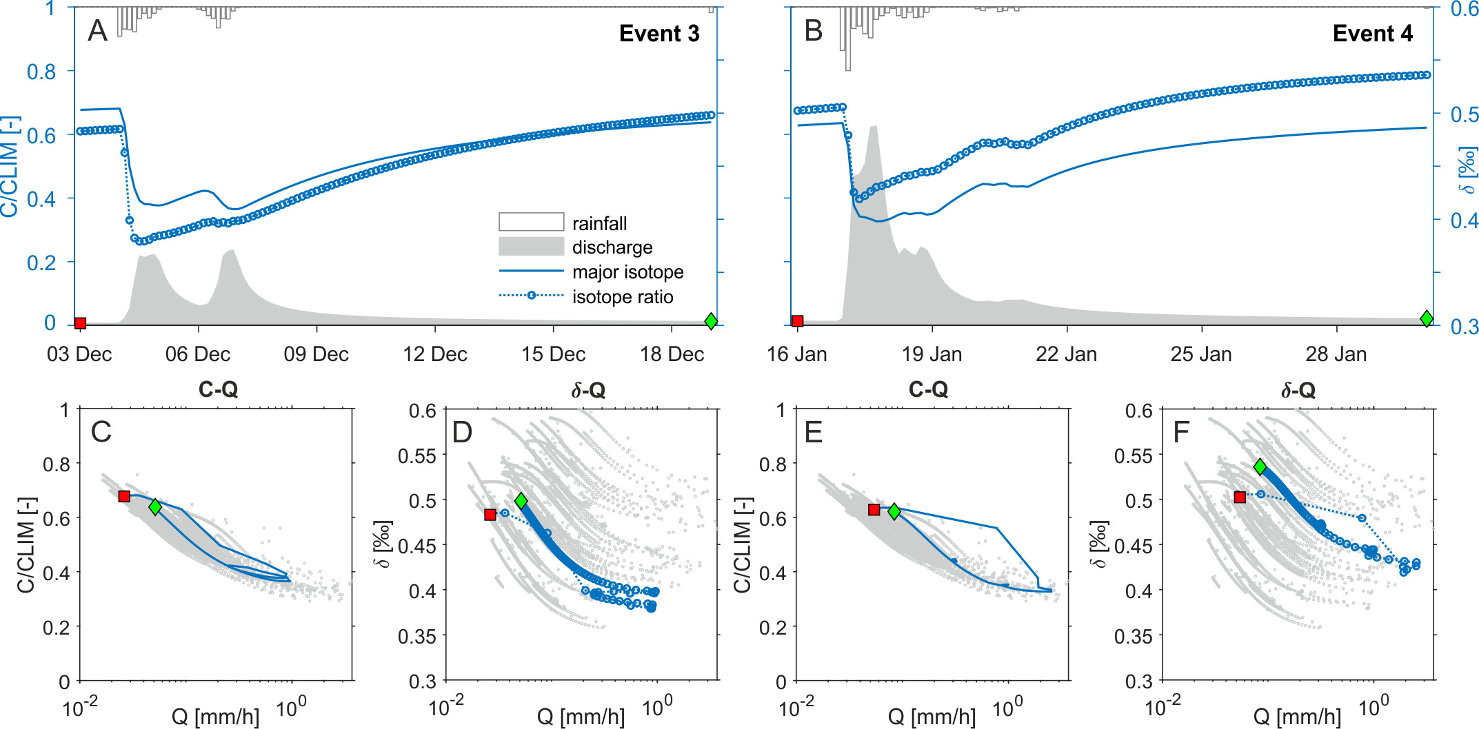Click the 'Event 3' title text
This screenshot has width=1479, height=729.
click(658, 33)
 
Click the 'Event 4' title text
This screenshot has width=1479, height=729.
click(1372, 33)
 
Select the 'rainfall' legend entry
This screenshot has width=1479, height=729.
click(599, 223)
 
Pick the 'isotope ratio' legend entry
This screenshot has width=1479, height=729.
click(622, 297)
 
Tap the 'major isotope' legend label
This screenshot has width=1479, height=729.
click(627, 272)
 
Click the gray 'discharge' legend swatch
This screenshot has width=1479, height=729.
click(531, 247)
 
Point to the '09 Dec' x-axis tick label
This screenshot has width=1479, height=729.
click(316, 354)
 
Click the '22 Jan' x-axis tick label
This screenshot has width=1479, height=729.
click(1066, 354)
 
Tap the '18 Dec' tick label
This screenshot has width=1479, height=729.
click(672, 354)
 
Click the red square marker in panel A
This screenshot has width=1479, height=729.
click(80, 323)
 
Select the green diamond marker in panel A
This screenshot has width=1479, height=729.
click(711, 321)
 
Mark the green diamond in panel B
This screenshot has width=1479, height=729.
click(1427, 318)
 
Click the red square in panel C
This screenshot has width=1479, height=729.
click(124, 497)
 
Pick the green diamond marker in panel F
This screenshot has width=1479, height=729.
click(1260, 467)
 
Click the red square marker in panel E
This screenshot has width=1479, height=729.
click(874, 510)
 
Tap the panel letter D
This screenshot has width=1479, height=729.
click(462, 432)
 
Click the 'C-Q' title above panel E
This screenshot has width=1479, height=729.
click(928, 390)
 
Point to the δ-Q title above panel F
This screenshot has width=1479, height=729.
click(1298, 391)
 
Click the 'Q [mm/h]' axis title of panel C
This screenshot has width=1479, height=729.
click(215, 717)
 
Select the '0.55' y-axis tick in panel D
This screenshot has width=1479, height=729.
click(417, 455)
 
